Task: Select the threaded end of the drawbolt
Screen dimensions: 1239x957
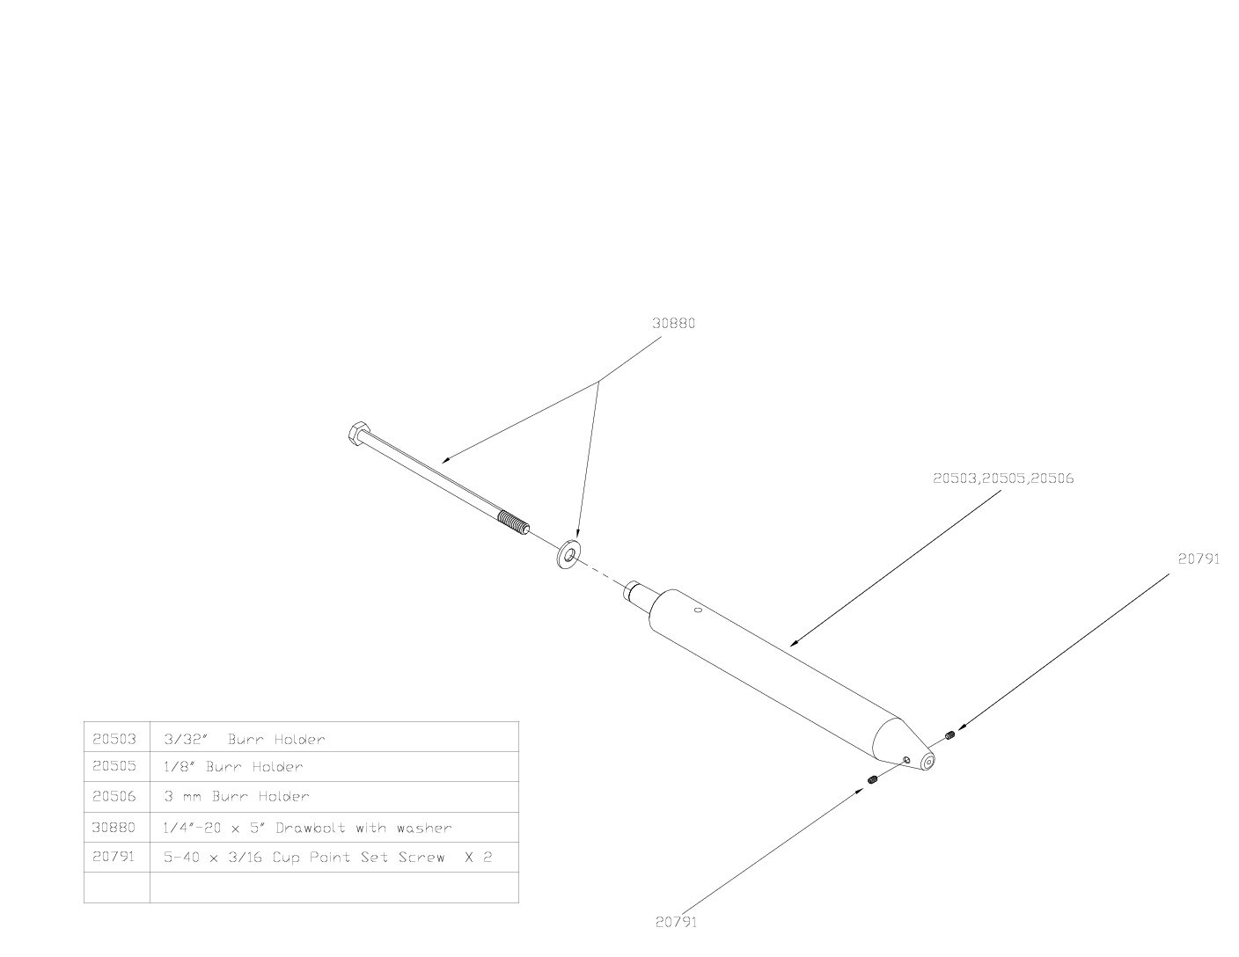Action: tap(513, 523)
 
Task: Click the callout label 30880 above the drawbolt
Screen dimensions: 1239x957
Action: tap(673, 323)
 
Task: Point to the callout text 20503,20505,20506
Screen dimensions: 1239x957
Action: tap(1003, 478)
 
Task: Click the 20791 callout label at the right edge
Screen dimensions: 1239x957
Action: tap(1199, 559)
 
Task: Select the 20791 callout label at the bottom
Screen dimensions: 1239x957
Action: tap(676, 922)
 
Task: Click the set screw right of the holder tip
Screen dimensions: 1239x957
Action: tap(949, 736)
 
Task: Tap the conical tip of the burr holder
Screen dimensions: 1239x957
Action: tap(904, 747)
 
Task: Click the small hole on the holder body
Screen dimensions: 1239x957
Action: tap(697, 610)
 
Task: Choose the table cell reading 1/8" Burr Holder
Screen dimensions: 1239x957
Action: tap(334, 767)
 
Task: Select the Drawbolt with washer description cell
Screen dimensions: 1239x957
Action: tap(334, 827)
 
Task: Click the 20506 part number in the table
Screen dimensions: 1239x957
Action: tap(114, 796)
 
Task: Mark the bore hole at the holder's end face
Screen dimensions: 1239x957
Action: tap(929, 762)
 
